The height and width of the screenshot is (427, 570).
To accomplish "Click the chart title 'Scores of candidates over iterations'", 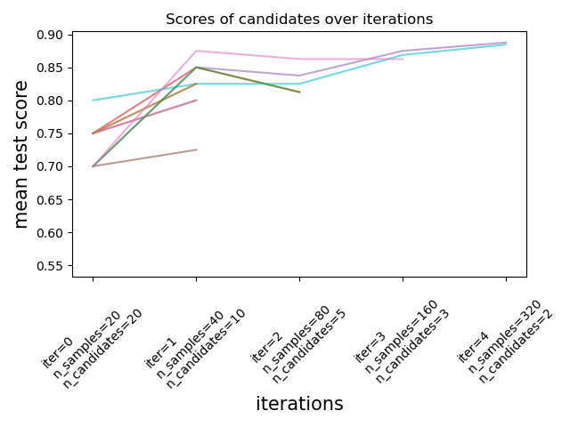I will coord(299,20).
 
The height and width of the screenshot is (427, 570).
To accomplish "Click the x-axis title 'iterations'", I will coord(299,404).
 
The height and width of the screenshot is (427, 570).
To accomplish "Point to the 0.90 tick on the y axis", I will coord(50,35).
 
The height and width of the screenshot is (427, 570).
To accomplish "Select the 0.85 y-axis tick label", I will coord(50,68).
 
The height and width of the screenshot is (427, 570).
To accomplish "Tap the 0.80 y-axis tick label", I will coord(50,101).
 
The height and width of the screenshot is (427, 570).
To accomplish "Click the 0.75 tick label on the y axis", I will coord(50,133).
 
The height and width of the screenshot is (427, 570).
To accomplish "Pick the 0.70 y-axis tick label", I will coord(50,166).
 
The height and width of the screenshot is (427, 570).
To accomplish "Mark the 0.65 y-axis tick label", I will coord(50,199).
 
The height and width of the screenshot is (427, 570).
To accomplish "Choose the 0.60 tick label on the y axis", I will coord(50,232).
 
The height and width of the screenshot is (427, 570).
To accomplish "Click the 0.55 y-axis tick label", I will coord(50,265).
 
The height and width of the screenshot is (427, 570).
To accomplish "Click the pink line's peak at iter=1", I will coord(196,51).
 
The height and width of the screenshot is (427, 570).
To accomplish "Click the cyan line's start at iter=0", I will coord(93,100).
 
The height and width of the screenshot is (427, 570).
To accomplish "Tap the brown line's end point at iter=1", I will coord(196,149).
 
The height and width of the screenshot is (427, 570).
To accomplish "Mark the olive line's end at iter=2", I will coord(299,92).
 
